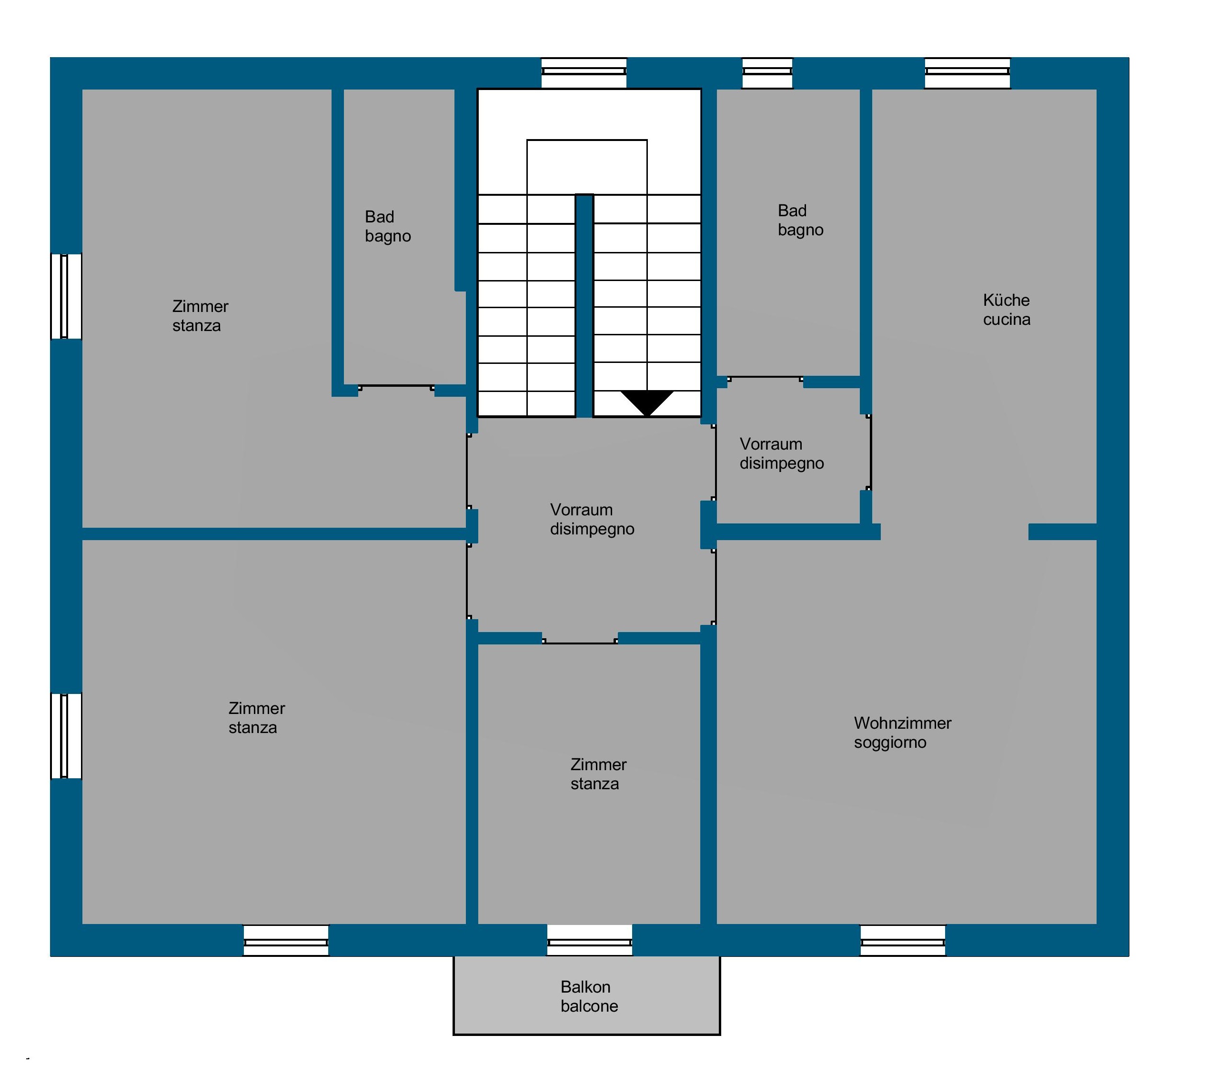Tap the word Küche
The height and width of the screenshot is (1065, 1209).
[x=1006, y=301]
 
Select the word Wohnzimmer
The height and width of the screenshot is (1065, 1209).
[x=903, y=723]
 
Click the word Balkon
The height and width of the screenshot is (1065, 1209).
[x=585, y=987]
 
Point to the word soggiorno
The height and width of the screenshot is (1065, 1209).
[x=890, y=743]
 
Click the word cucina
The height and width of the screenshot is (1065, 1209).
[x=1007, y=319]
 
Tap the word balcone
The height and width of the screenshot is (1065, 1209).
[x=589, y=1006]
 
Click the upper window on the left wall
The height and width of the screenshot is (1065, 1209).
[x=66, y=296]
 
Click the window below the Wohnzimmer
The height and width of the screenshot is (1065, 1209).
[x=903, y=940]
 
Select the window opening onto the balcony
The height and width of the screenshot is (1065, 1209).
[x=590, y=940]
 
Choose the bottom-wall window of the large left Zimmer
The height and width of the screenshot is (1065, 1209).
[x=286, y=940]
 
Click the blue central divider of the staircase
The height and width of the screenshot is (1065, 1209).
[x=584, y=306]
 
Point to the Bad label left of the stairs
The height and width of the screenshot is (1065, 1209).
[x=379, y=217]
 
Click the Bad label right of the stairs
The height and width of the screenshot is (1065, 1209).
[x=792, y=211]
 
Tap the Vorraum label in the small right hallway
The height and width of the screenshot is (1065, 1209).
[x=771, y=444]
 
